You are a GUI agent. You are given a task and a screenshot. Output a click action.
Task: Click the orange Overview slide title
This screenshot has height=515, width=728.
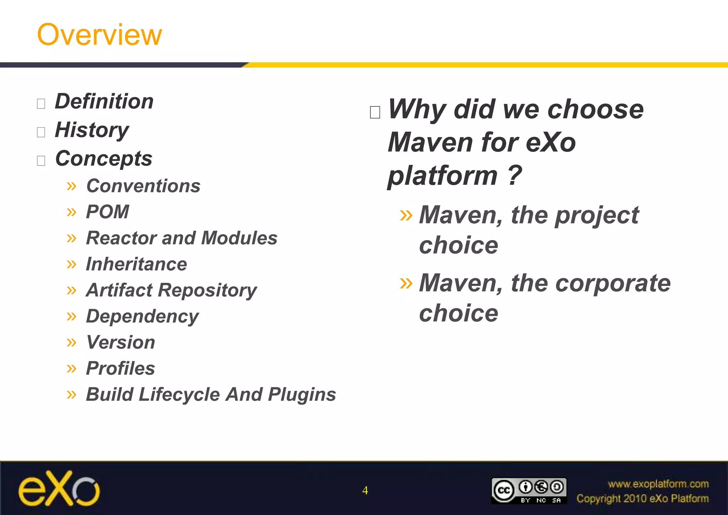(x=100, y=34)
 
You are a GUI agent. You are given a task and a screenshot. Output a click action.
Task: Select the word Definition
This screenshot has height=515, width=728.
(x=104, y=102)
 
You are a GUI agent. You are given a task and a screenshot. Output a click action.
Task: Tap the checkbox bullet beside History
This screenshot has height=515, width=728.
(x=41, y=132)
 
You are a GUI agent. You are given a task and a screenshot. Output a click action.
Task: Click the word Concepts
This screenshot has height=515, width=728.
(x=104, y=159)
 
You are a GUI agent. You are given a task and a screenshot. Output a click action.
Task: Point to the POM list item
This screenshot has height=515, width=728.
(x=108, y=212)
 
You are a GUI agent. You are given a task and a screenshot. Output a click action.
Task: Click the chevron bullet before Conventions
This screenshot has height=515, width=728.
(x=71, y=186)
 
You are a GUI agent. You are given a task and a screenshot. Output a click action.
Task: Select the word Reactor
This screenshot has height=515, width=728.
(x=121, y=238)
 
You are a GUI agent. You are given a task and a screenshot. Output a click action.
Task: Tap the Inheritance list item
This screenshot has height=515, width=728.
(x=136, y=264)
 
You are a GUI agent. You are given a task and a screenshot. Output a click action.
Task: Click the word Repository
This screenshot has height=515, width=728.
(x=207, y=291)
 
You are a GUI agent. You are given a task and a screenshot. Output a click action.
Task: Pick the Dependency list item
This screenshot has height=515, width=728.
(x=143, y=317)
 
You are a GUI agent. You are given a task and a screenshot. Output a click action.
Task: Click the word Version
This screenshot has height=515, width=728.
(x=121, y=343)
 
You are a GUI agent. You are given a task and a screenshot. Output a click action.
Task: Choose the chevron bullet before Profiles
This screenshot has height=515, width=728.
(x=71, y=368)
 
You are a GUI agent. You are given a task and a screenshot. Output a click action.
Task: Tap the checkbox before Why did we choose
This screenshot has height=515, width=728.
(x=375, y=112)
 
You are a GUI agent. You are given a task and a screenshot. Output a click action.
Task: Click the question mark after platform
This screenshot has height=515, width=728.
(x=514, y=175)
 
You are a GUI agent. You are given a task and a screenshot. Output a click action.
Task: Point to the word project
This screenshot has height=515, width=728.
(x=597, y=216)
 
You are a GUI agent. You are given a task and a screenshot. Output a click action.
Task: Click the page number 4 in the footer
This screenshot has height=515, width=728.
(x=365, y=490)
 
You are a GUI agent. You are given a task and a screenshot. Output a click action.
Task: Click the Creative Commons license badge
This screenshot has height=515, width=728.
(x=529, y=491)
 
